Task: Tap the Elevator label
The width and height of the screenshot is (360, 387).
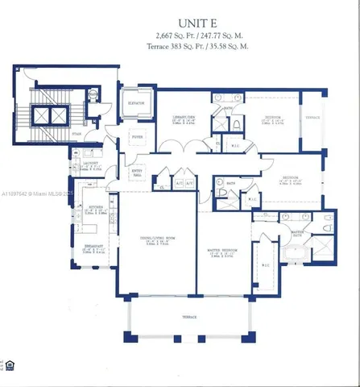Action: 136,104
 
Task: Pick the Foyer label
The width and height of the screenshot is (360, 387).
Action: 138,138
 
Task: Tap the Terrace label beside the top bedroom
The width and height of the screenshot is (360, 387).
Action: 312,118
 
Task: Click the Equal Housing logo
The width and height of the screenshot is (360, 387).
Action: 10,365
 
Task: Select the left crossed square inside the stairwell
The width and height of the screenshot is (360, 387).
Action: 37,115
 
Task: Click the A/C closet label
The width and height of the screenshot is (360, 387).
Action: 179,183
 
